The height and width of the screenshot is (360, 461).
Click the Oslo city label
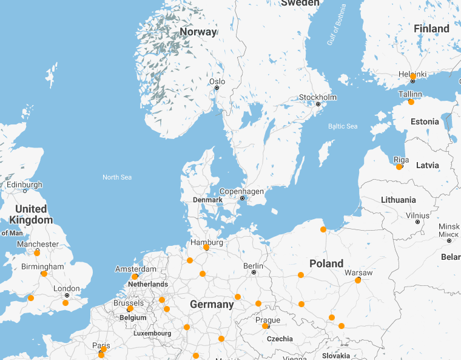point(217,81)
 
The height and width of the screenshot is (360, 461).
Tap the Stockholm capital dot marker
point(317,104)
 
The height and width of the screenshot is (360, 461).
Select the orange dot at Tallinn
point(411,102)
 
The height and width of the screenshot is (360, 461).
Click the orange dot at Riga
point(399,166)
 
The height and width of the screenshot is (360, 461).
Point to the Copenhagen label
point(241,191)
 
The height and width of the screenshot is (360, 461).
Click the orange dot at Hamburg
point(206,247)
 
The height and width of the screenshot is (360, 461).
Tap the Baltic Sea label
point(343,126)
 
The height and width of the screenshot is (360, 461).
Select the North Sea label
point(117,177)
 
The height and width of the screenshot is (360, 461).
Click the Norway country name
point(198,32)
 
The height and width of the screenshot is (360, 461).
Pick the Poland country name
point(326,263)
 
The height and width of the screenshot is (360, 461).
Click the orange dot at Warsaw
point(358,280)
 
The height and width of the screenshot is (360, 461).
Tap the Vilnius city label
point(417,216)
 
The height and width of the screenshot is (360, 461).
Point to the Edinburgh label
point(24,185)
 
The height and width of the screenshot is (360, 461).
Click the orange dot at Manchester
point(37,253)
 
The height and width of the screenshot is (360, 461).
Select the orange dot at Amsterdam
point(135,277)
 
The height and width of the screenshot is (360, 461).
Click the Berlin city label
point(253,266)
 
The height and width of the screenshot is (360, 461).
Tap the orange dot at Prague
point(265,326)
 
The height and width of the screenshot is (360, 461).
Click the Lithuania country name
point(399,200)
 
